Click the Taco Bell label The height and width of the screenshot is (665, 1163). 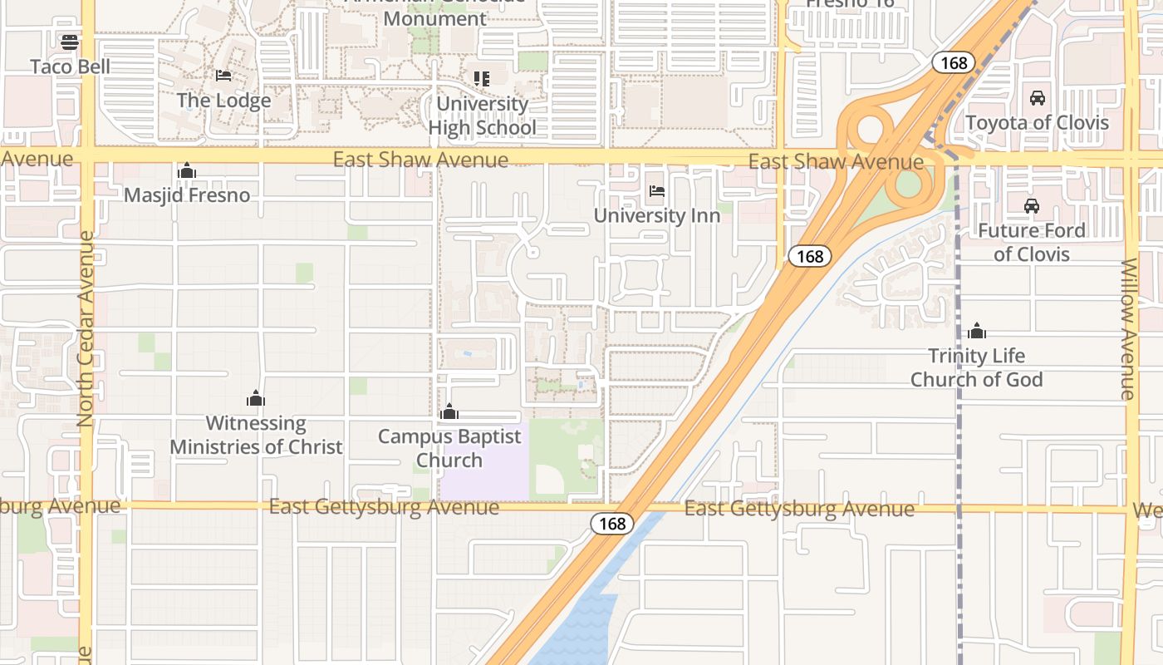point(70,66)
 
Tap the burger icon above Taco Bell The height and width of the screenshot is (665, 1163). point(70,41)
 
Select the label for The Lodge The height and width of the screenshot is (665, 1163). point(223,101)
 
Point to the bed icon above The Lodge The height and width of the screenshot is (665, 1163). point(223,76)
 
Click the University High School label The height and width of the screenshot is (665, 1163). point(482,116)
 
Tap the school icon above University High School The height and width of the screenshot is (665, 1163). point(482,79)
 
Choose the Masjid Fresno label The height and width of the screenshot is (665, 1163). point(187,195)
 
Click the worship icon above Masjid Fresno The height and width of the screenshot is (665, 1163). point(187,171)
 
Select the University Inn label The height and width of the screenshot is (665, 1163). point(656,215)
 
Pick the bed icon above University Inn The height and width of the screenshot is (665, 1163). point(656,191)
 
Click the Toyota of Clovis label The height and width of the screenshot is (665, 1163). point(1037,123)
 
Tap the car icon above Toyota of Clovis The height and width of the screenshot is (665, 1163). point(1037,98)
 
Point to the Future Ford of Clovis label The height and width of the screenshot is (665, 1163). point(1032,242)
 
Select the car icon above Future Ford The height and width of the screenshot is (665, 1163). point(1032,206)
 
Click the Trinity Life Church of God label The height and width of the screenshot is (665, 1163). point(977,367)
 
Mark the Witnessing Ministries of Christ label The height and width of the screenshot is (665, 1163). point(256,435)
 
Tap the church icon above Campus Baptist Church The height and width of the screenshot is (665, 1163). point(449,411)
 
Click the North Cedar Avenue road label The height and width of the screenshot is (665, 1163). point(86,329)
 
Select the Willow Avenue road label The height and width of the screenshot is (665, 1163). point(1128,329)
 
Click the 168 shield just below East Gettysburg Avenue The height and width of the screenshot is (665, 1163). point(612,524)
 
